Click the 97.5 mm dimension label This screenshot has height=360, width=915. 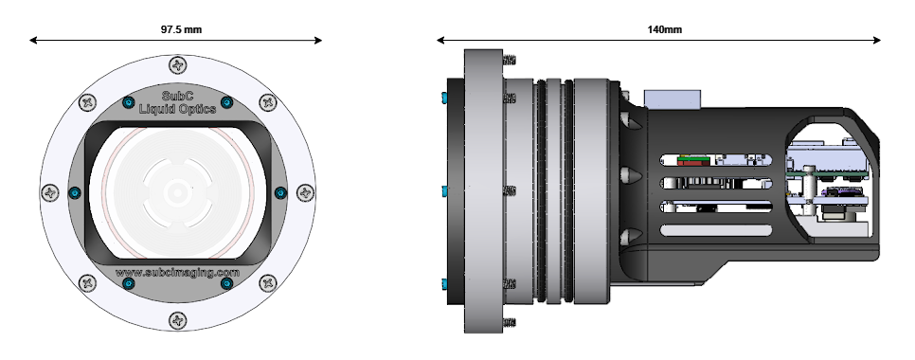click(x=182, y=29)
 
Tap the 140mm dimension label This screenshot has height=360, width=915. click(x=664, y=29)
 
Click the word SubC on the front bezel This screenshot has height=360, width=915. click(x=177, y=97)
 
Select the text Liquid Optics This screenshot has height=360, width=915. click(x=177, y=109)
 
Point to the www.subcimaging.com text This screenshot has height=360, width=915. click(x=177, y=273)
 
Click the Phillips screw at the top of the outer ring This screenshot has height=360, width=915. click(x=178, y=64)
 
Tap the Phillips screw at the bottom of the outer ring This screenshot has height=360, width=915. click(x=178, y=320)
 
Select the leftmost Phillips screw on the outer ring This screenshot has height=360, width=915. click(x=50, y=192)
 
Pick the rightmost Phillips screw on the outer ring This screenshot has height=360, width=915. click(x=305, y=192)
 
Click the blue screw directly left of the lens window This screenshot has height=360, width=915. click(x=75, y=192)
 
